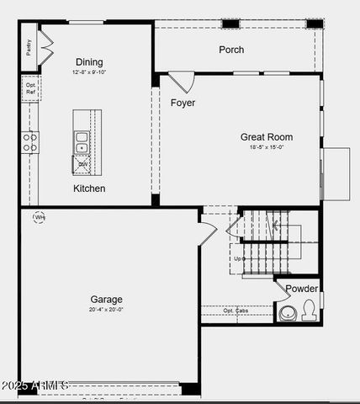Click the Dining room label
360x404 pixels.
click(89, 61)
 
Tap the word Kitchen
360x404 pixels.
click(89, 189)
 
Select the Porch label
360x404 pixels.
click(231, 50)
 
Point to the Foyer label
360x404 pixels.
click(183, 103)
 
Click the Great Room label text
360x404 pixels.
click(266, 136)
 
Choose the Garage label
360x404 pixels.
click(107, 299)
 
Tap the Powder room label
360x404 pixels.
click(301, 289)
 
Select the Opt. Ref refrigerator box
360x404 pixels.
click(31, 88)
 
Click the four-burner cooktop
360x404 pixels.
click(30, 142)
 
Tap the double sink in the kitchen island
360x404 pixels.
click(82, 142)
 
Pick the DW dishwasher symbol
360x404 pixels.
click(82, 164)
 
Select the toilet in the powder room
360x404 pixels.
click(309, 311)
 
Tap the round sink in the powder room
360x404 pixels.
click(288, 312)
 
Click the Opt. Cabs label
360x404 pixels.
click(236, 311)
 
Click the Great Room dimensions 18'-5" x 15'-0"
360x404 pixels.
click(266, 147)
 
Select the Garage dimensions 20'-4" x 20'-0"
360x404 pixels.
click(107, 309)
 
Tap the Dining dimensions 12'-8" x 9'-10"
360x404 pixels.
click(89, 72)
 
